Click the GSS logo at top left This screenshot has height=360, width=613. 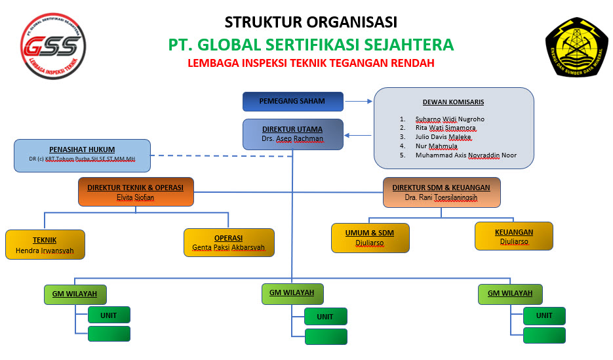point(54,45)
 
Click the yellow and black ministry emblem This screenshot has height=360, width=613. point(572,45)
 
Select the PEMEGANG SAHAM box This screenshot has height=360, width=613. point(292,102)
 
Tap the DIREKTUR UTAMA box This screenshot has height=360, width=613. point(292,134)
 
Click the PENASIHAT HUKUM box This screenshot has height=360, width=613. point(82,155)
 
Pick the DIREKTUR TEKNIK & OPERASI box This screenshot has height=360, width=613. point(136,192)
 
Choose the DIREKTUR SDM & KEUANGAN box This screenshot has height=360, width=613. point(441,192)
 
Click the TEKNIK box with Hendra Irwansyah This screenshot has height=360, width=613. point(45,245)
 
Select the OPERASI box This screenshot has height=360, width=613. point(229,243)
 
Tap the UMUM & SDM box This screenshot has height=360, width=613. point(370,237)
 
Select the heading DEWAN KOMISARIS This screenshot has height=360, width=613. point(453,102)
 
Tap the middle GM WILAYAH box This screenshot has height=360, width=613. point(292,294)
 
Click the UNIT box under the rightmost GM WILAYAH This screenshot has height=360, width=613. point(544,315)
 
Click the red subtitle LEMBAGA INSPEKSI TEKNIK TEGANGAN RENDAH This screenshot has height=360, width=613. point(311,64)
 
